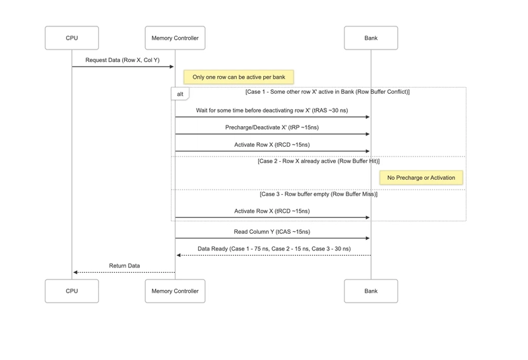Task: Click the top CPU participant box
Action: coord(72,38)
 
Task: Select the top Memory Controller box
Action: coord(175,38)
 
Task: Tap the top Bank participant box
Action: coord(371,38)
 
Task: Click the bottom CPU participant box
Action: coord(72,291)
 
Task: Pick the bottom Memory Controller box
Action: coord(175,291)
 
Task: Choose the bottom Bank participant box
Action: coord(371,291)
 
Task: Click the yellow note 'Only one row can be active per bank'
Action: coord(239,77)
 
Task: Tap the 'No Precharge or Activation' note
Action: coord(421,178)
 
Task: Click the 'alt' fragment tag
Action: coord(180,94)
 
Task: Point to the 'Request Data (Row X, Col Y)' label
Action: coord(122,60)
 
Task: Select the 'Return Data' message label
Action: coord(124,266)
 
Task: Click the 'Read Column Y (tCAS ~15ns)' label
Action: coord(272,232)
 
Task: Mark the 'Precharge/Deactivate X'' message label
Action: coord(272,127)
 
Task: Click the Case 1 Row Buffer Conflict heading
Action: coord(327,92)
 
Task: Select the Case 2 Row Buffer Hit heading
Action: coord(319,161)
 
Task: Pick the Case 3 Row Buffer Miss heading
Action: coord(319,194)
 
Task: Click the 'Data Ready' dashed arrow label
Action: coord(274,249)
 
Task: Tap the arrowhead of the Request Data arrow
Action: coord(172,67)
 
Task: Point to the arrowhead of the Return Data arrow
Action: coord(76,272)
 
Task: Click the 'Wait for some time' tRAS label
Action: coord(272,110)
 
